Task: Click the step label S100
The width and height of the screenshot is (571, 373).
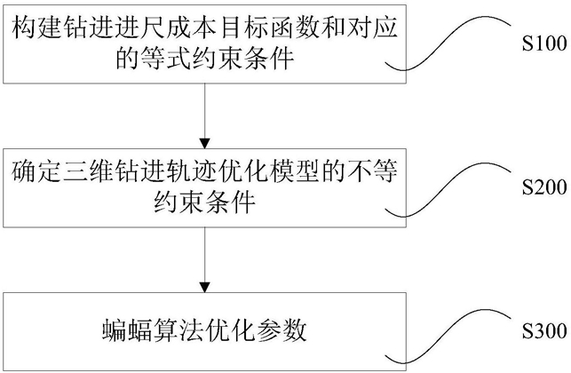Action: click(x=544, y=44)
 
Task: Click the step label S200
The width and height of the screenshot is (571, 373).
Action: click(x=544, y=187)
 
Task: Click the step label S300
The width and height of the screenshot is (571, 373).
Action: click(x=544, y=331)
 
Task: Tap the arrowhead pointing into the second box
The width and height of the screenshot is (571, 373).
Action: click(x=204, y=144)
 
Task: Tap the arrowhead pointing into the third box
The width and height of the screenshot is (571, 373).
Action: click(x=204, y=288)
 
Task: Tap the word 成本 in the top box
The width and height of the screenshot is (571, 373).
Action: click(x=191, y=28)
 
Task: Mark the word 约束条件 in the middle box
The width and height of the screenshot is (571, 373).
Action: click(x=204, y=202)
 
